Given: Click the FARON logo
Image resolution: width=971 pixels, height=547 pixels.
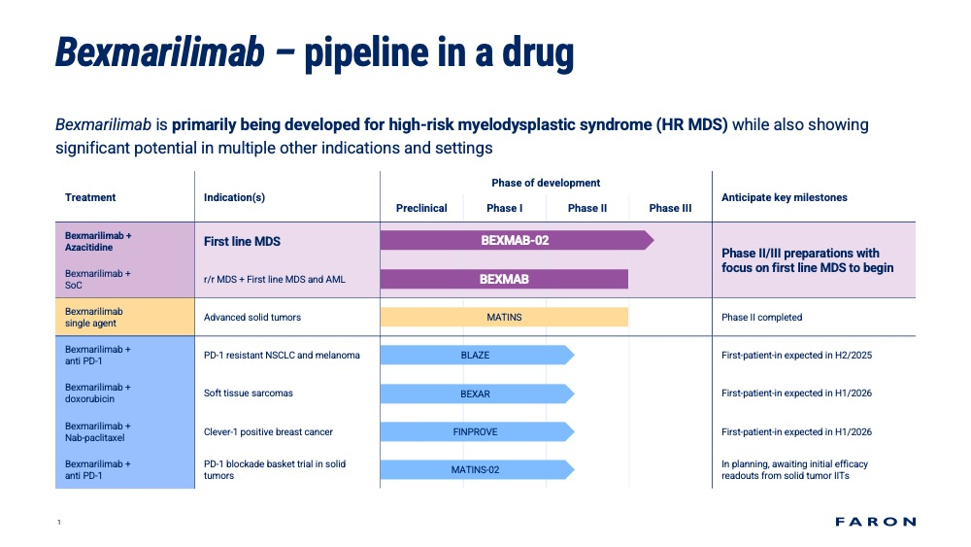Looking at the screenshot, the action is [x=875, y=522].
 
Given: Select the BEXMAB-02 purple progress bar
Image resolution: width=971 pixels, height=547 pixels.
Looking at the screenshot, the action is [x=518, y=240].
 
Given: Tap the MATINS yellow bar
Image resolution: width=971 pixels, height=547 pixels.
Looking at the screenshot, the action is [x=504, y=317].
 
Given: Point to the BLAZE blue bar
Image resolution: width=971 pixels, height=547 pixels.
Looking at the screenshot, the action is [x=477, y=355].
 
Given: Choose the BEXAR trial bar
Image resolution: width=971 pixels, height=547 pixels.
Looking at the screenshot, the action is [x=477, y=394].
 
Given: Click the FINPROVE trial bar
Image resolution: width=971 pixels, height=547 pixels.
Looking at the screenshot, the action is [x=477, y=431].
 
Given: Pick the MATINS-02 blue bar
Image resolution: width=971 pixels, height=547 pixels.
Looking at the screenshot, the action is [x=477, y=469].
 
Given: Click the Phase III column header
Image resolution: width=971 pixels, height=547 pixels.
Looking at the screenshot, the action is [x=670, y=208].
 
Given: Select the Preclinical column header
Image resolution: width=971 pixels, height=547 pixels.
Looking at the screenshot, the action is [x=421, y=208].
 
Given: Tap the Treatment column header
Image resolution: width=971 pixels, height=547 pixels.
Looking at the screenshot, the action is [x=90, y=197].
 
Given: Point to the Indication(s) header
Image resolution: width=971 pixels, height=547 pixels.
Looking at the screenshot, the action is [x=234, y=197].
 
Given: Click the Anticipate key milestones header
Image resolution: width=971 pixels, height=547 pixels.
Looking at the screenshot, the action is [x=784, y=197].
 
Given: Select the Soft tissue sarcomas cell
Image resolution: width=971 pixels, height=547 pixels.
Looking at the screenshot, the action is [x=249, y=393].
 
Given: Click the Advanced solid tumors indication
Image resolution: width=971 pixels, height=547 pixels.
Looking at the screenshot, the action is [x=252, y=317].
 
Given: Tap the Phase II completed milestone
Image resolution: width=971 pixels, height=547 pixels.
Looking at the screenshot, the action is [x=761, y=317].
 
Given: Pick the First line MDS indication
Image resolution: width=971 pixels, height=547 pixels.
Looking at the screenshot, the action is [x=242, y=242].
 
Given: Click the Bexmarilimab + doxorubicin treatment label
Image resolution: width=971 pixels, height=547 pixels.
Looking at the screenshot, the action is [x=98, y=393].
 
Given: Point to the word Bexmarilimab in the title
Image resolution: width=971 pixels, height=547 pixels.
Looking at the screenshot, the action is [x=160, y=52].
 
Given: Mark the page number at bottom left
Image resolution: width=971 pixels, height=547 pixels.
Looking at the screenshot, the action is [x=59, y=522].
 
